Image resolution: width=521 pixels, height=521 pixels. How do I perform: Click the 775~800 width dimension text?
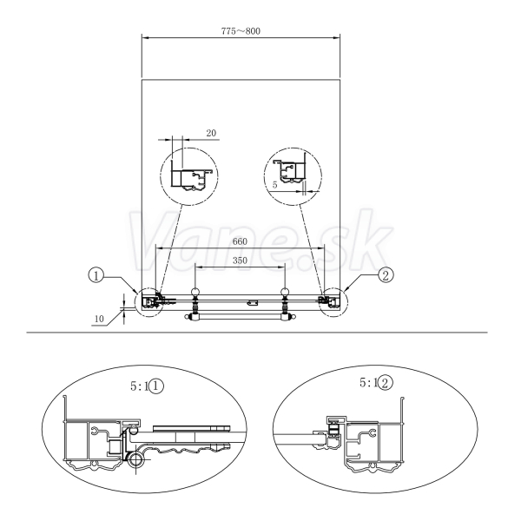pos(241,31)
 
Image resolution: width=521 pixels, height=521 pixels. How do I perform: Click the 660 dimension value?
pos(240,241)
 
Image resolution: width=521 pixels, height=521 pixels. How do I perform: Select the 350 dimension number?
pos(240,260)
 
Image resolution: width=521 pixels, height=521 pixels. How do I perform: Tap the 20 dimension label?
pos(211,133)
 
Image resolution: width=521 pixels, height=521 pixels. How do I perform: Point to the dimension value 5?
pos(274,185)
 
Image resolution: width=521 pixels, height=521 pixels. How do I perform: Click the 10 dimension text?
pos(99,319)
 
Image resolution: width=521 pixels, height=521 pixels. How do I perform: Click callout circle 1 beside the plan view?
pos(96,275)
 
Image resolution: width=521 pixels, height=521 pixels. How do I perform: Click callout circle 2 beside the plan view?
pos(386,275)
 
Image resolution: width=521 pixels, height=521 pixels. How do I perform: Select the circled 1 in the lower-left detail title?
pos(156,386)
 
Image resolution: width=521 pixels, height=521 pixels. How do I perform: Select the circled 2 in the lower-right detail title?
pos(386,383)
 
